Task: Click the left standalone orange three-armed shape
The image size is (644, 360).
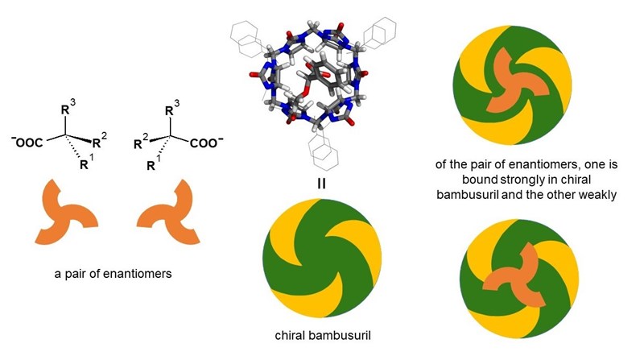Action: click(68, 214)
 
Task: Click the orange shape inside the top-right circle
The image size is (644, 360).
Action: click(514, 84)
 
